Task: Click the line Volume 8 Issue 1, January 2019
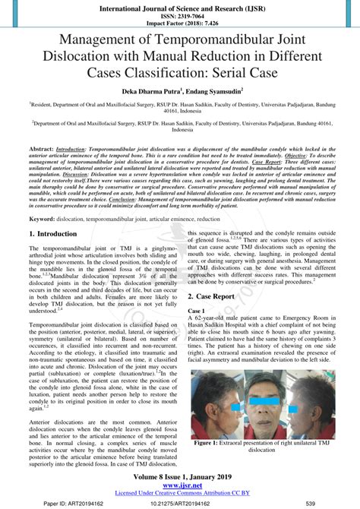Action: [180, 476]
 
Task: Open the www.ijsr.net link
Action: [180, 485]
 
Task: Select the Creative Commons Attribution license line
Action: [180, 492]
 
